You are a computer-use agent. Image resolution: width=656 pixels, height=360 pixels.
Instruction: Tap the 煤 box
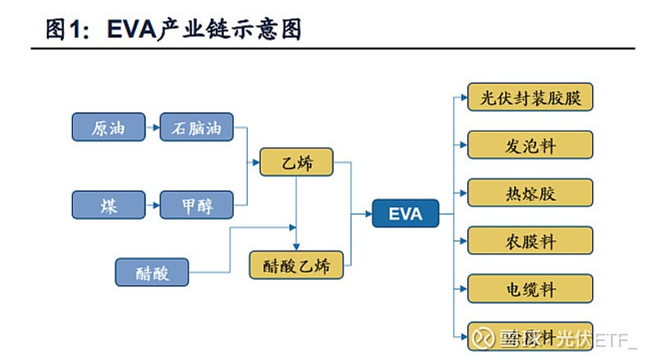point(108,205)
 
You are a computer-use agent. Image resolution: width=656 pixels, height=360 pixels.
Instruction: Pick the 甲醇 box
point(197,205)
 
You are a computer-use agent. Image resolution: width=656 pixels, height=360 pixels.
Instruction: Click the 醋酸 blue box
point(152,272)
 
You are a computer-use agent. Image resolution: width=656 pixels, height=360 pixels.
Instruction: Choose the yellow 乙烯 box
point(297,162)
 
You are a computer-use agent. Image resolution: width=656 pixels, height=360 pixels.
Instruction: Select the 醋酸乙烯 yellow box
point(296,265)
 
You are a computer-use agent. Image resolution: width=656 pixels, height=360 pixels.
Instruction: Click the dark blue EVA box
point(405,214)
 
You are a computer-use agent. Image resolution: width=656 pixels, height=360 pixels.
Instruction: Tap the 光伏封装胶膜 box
point(530,98)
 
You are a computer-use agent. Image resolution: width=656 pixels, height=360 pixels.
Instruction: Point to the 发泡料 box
point(530,145)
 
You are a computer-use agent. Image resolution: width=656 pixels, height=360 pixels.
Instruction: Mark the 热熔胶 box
point(530,193)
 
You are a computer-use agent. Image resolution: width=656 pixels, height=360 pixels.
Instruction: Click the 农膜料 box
point(530,241)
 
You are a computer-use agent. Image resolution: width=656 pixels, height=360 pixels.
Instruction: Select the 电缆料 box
point(530,289)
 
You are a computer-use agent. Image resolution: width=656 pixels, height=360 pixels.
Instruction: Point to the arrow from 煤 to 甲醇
point(153,205)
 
